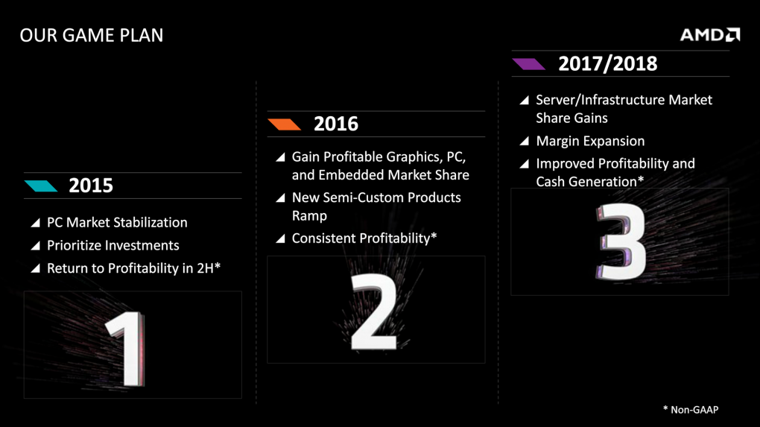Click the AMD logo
coord(709,35)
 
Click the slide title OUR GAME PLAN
coord(91,35)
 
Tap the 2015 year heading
coord(91,186)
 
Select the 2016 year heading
coord(335,124)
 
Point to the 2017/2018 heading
coord(607,63)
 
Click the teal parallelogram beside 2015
coord(41,186)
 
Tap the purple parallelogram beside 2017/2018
coord(528,64)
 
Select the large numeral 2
coord(374,312)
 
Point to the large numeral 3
coord(620,243)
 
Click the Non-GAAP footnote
coord(690,409)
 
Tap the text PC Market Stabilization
coord(117,222)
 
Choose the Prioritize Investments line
coord(113,245)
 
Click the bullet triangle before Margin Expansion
coord(525,142)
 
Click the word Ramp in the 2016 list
coord(309,216)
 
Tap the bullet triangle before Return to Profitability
coord(35,269)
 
